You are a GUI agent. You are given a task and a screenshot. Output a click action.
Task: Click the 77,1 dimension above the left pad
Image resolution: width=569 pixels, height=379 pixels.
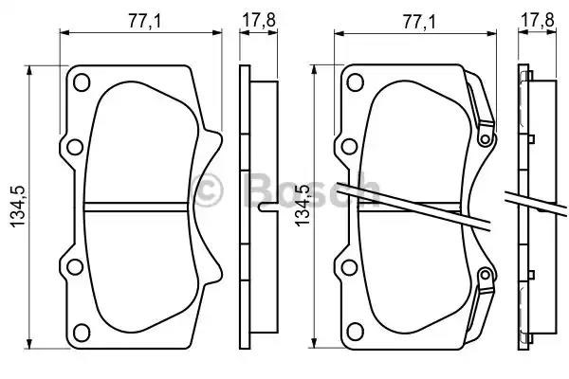click(x=144, y=22)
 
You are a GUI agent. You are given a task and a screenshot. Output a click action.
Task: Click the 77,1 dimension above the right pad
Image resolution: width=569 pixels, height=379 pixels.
click(x=418, y=22)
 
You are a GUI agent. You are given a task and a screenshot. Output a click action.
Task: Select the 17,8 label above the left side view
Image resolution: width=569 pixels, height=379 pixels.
click(x=259, y=20)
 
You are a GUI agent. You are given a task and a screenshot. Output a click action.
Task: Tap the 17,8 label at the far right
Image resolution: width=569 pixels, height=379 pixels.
click(x=537, y=20)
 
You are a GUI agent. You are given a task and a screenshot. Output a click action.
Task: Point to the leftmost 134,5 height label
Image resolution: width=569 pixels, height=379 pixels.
click(x=18, y=207)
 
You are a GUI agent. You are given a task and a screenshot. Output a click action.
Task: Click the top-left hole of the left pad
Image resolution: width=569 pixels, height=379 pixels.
click(x=82, y=82)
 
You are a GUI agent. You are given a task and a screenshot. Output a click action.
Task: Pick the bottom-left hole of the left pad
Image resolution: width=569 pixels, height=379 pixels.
click(x=82, y=332)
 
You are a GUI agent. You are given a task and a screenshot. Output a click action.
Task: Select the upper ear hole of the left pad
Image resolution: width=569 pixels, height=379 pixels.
click(x=75, y=147)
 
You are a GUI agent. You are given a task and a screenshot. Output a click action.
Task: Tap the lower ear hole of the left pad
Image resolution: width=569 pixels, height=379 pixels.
click(x=75, y=267)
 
